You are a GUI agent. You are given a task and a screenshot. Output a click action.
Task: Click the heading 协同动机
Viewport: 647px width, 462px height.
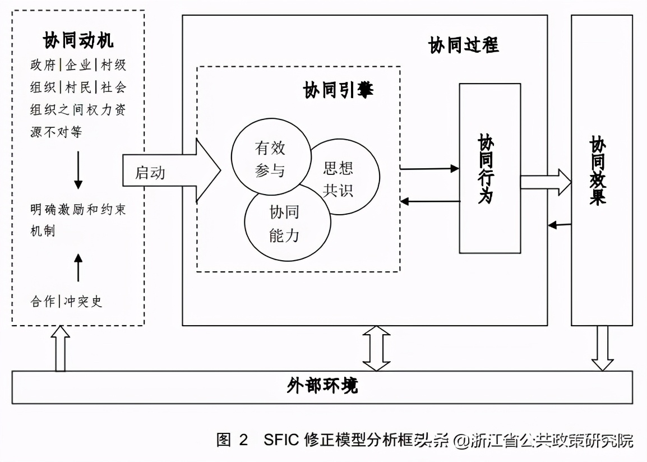tap(78, 40)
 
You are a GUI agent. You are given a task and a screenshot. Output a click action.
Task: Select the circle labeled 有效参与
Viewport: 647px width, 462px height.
tap(270, 159)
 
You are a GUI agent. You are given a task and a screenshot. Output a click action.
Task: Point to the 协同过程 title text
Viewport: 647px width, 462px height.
tap(463, 45)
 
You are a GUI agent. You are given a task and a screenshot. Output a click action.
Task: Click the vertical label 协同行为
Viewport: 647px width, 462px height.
tap(486, 168)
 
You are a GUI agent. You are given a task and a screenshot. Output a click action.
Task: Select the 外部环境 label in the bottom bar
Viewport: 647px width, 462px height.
tap(322, 386)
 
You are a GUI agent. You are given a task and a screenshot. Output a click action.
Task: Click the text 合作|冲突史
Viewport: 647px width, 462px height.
tap(66, 301)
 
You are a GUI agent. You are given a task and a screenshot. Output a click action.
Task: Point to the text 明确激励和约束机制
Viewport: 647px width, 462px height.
tap(78, 219)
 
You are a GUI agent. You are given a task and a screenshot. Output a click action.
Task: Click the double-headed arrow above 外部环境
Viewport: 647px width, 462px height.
tap(376, 348)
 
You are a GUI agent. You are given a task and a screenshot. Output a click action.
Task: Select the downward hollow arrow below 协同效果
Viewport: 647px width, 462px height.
tap(603, 348)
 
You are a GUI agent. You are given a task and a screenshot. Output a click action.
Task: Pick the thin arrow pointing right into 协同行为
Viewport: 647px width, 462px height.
tap(429, 168)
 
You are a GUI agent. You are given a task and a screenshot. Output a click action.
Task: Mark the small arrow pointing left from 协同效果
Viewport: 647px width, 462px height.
tap(559, 225)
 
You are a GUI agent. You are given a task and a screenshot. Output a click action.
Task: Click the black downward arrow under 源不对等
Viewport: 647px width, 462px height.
tap(78, 169)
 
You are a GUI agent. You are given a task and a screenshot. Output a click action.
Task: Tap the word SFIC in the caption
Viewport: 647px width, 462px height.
tap(280, 440)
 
